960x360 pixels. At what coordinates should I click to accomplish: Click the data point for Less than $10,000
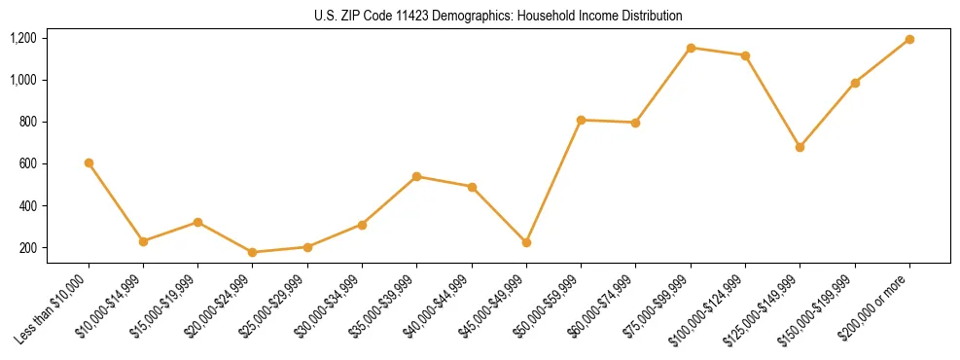(89, 162)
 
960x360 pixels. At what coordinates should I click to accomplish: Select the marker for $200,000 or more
(909, 39)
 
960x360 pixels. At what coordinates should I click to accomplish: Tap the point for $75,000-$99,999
(691, 48)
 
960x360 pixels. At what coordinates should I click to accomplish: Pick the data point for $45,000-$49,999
(526, 242)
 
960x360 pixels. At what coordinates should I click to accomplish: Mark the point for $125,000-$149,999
(800, 147)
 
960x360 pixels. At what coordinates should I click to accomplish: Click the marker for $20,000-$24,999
(253, 252)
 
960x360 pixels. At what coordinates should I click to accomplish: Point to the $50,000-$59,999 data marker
(581, 120)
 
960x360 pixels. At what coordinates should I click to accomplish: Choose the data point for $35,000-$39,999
(416, 176)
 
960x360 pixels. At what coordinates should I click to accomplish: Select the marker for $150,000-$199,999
(855, 83)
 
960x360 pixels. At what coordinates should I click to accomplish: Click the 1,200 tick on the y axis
(22, 38)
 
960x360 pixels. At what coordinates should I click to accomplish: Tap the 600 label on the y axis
(27, 163)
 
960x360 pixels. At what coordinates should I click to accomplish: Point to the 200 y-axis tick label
(27, 248)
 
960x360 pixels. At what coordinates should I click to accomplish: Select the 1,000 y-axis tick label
(22, 80)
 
